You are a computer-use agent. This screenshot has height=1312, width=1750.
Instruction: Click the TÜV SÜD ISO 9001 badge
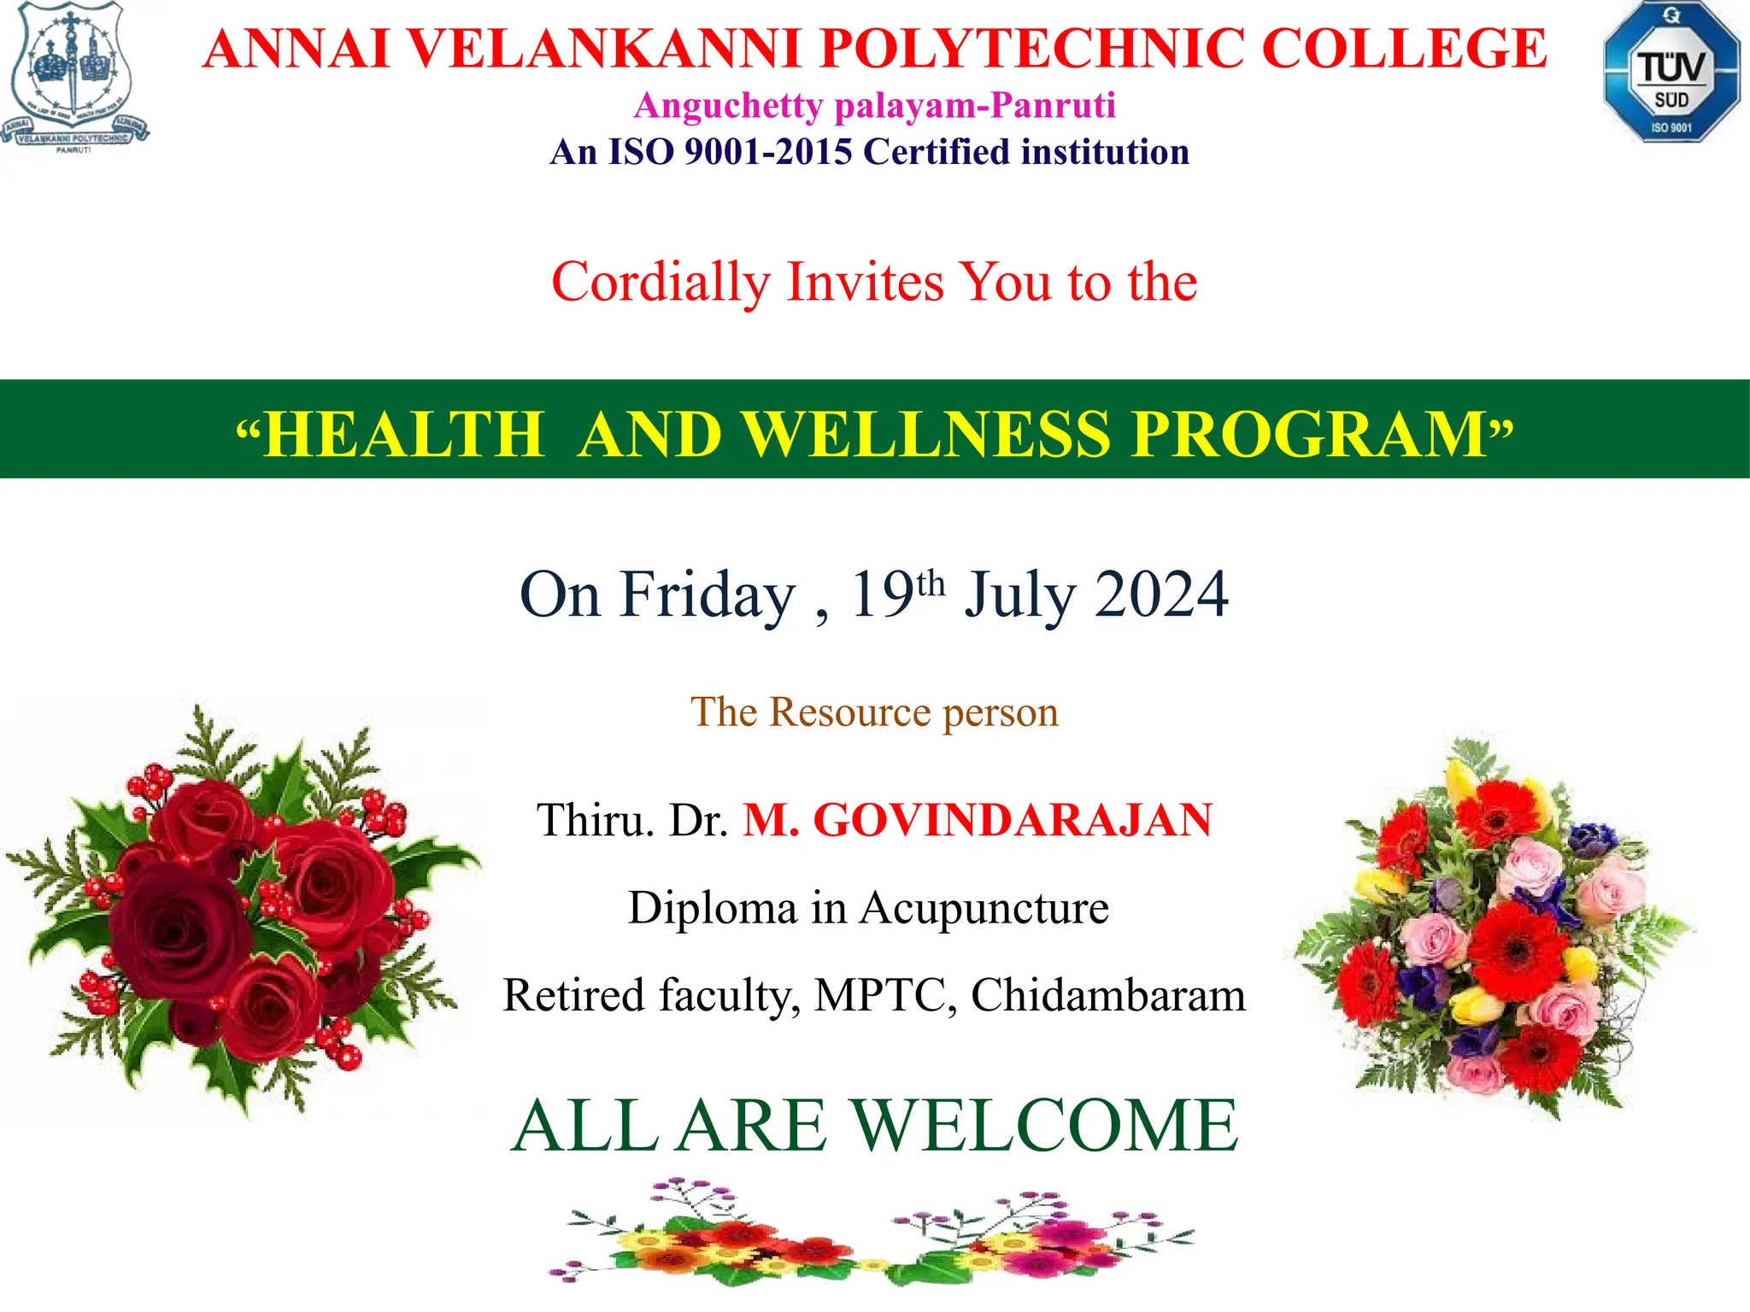coord(1671,72)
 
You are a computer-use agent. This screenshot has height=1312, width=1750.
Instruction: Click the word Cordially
coord(661,282)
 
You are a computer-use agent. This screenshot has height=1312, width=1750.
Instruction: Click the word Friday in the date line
coord(708,595)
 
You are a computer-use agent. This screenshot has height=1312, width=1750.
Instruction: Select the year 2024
coord(1161,595)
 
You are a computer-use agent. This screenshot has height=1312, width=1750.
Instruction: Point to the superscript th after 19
coord(931,584)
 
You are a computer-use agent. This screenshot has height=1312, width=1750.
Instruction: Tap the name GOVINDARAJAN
coord(1012,820)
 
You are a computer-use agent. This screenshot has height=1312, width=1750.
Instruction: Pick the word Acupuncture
coord(984,907)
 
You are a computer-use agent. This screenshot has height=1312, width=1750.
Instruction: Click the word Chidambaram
coord(1107,995)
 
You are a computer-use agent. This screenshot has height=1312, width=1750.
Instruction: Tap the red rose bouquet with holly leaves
coord(244,910)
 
